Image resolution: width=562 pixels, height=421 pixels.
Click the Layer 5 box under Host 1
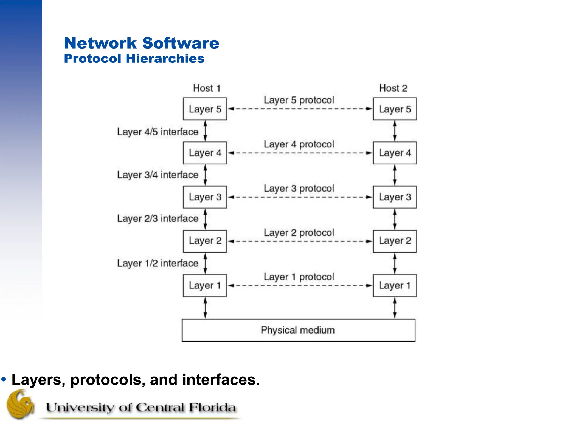click(x=205, y=109)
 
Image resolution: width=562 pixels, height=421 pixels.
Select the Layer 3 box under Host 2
click(x=395, y=197)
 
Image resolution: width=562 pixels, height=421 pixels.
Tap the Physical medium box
click(x=298, y=330)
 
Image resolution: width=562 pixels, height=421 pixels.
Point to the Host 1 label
click(x=207, y=88)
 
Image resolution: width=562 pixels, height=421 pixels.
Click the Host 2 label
click(x=393, y=88)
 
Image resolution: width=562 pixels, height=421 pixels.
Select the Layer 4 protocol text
click(x=299, y=144)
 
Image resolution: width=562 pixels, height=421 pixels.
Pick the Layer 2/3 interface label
click(x=158, y=218)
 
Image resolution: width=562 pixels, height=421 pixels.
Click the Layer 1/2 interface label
click(x=158, y=263)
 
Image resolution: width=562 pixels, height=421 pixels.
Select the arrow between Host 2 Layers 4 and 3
click(x=395, y=175)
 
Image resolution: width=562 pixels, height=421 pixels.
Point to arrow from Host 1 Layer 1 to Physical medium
click(x=205, y=308)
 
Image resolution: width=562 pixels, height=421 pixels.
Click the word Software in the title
click(x=181, y=43)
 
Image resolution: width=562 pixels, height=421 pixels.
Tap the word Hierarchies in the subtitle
click(x=165, y=59)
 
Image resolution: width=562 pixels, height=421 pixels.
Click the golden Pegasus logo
click(x=21, y=405)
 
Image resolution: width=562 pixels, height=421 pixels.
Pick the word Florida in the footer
click(x=212, y=408)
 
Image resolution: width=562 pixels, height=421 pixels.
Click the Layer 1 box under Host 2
click(x=395, y=285)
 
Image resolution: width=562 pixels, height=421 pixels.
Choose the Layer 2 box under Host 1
click(x=205, y=241)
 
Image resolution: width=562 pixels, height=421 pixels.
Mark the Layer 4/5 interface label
click(x=158, y=132)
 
